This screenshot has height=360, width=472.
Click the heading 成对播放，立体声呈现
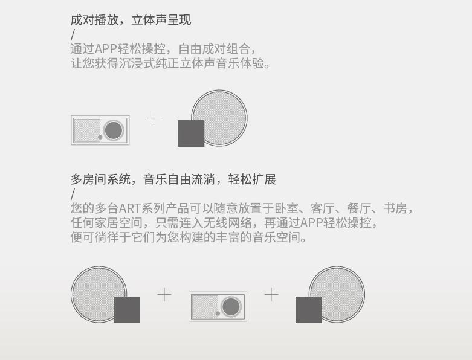click(131, 20)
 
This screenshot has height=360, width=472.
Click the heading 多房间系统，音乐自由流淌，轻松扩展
click(173, 179)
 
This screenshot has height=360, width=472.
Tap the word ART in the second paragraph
click(130, 209)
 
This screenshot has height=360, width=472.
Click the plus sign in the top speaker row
click(154, 118)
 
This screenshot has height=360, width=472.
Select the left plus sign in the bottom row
click(164, 294)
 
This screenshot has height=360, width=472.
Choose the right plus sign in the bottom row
click(271, 294)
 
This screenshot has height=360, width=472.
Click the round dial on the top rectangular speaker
click(113, 130)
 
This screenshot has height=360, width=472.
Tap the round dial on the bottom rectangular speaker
click(231, 307)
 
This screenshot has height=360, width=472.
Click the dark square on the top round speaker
click(191, 133)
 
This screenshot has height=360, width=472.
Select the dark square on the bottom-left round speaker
click(127, 310)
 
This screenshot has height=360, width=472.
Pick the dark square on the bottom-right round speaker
click(308, 310)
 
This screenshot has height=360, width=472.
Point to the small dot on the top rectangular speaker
click(100, 137)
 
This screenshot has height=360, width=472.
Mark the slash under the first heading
click(73, 34)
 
